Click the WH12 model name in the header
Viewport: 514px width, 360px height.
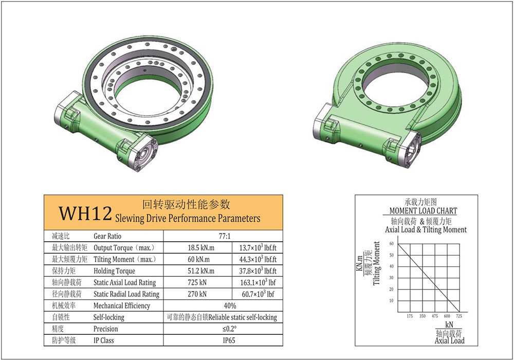tap(85, 213)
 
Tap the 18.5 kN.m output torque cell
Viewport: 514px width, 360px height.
tap(201, 247)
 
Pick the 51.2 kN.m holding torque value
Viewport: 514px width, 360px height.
tap(201, 271)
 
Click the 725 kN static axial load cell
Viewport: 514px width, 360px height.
tap(197, 282)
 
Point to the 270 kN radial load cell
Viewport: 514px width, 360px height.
tap(197, 294)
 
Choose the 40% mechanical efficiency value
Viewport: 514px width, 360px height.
tap(230, 305)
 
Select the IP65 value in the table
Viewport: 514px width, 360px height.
tap(229, 340)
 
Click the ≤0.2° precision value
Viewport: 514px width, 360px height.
tap(229, 329)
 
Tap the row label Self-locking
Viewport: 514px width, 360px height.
tap(109, 317)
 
